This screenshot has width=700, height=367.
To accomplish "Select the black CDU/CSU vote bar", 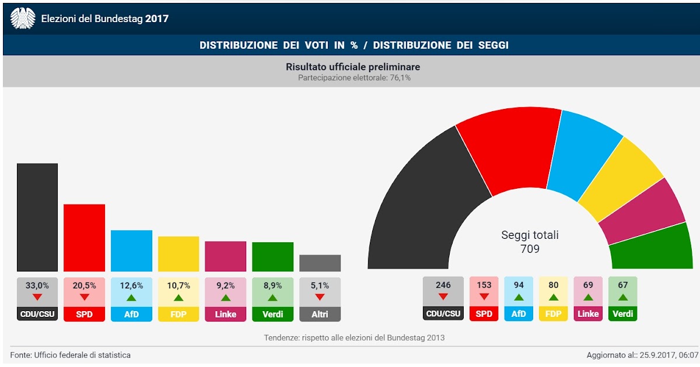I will tap(37, 217).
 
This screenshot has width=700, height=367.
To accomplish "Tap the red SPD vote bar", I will tap(84, 238).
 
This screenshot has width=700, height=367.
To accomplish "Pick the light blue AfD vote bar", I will tap(131, 250).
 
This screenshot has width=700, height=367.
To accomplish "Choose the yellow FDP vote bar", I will tap(178, 253).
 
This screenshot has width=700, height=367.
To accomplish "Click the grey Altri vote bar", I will tap(320, 263).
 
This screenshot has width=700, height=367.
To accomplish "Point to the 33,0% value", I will tap(37, 285).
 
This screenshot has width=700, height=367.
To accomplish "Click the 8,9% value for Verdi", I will tap(272, 285).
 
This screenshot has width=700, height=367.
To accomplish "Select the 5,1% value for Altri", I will tap(320, 285).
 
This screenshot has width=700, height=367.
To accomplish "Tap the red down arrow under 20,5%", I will tap(84, 297).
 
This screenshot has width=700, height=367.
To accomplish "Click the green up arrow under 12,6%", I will tap(131, 297).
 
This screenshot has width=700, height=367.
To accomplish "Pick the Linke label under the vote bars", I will tap(225, 314).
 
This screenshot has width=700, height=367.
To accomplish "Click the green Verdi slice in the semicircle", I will tap(650, 248).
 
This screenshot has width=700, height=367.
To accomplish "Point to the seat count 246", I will tap(443, 285).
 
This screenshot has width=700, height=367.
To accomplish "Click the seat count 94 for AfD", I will tap(519, 285).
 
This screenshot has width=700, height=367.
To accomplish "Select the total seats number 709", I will tap(530, 249).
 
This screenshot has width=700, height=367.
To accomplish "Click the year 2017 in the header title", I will tap(157, 19).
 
